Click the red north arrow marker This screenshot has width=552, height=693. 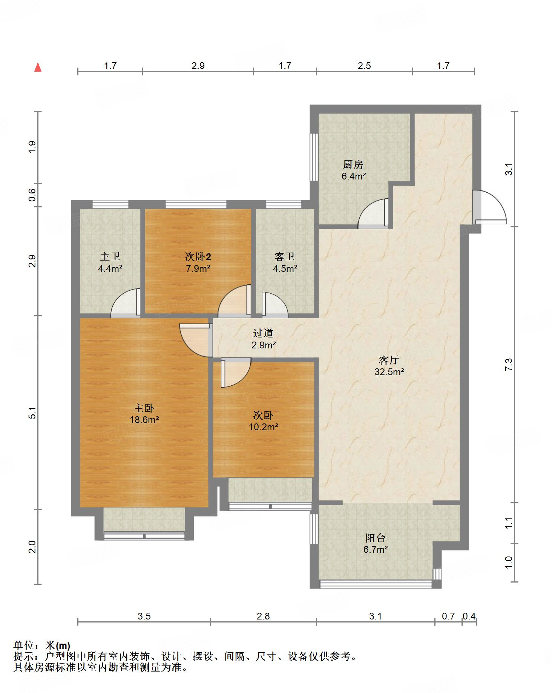(x=38, y=67)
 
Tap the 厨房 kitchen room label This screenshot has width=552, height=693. (x=353, y=165)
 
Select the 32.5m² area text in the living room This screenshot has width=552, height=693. (x=389, y=372)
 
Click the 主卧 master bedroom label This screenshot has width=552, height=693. (x=144, y=408)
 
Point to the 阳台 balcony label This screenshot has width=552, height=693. (x=376, y=538)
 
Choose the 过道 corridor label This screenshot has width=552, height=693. (x=263, y=333)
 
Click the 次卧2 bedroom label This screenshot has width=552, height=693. (x=198, y=257)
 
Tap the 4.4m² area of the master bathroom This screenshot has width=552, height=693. (x=110, y=269)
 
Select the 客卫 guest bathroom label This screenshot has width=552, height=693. (x=285, y=257)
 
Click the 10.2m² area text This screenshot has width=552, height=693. (x=263, y=427)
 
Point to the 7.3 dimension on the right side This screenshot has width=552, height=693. (x=509, y=365)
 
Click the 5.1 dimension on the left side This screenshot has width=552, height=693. (x=33, y=413)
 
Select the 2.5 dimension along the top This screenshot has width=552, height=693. (x=364, y=66)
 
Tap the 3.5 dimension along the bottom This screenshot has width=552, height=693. (x=144, y=616)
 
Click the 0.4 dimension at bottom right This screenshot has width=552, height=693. (x=469, y=616)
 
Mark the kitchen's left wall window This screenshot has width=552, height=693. (x=314, y=157)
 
